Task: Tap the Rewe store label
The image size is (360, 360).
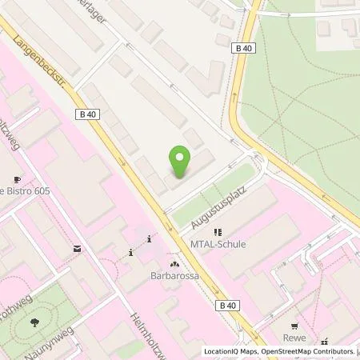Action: (298, 338)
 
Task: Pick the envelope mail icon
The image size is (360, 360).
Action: (76, 249)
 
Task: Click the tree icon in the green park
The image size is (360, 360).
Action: (35, 323)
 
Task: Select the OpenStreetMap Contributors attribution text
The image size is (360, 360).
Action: (309, 351)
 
